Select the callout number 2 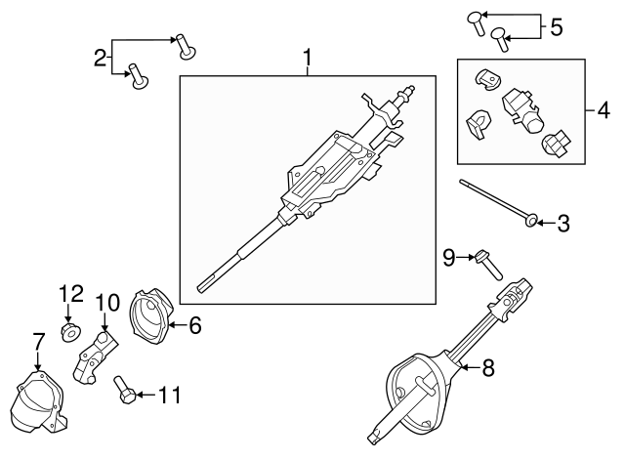(101, 58)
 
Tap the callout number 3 (562, 225)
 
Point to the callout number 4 (603, 106)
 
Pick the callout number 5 (556, 26)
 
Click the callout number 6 (194, 326)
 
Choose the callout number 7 (39, 341)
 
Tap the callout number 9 (449, 257)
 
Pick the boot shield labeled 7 (36, 400)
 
